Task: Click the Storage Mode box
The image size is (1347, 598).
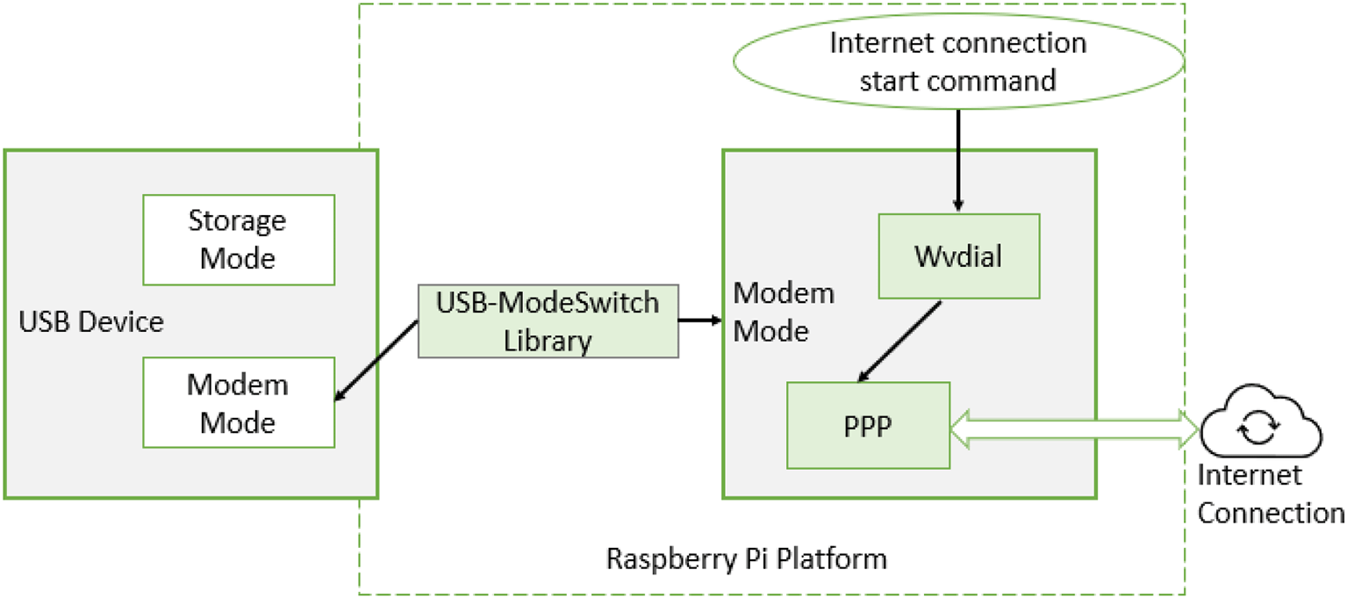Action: (x=239, y=240)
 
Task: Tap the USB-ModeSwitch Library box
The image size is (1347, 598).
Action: (x=548, y=321)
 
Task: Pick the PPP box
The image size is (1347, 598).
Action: (x=868, y=426)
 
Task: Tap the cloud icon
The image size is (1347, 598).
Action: (x=1261, y=428)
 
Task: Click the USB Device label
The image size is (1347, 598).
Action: (x=91, y=322)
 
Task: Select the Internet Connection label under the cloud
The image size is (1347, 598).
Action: (x=1270, y=495)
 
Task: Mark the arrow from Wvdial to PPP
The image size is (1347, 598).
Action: (x=899, y=342)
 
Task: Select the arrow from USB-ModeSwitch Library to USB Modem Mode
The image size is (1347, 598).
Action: (x=376, y=361)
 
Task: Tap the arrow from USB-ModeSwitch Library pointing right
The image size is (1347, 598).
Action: (x=700, y=320)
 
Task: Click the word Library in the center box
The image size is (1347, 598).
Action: (x=548, y=340)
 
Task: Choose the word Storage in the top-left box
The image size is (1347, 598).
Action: (x=237, y=220)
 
